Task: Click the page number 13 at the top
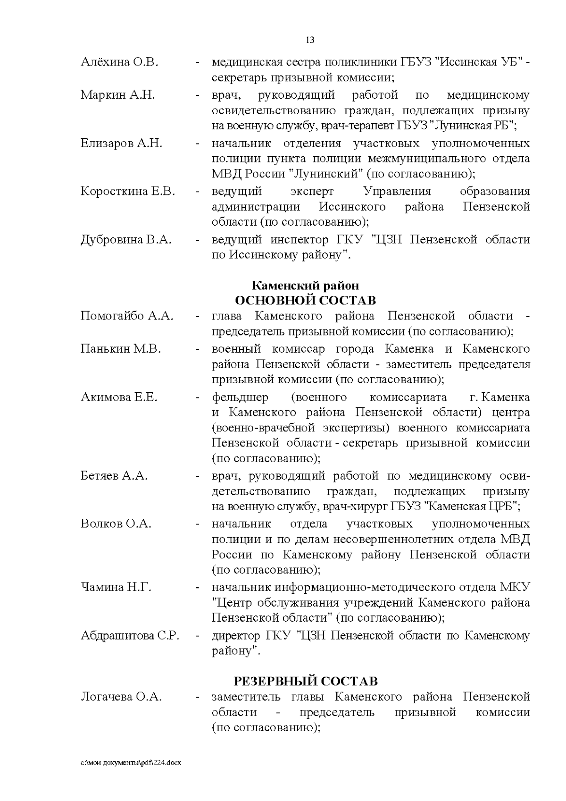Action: click(x=310, y=40)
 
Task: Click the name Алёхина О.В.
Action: click(x=119, y=62)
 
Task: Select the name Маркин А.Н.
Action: click(x=117, y=95)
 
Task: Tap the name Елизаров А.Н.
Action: click(x=121, y=143)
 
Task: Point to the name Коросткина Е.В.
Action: click(x=128, y=191)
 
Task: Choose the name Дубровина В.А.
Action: click(x=126, y=239)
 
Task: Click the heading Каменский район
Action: click(x=305, y=286)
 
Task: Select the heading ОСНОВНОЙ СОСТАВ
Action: click(x=305, y=301)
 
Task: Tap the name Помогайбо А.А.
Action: click(x=127, y=316)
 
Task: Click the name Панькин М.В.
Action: click(x=121, y=349)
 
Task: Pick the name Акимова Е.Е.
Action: click(x=119, y=397)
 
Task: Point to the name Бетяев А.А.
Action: click(x=114, y=476)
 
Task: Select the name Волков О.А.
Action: click(x=116, y=524)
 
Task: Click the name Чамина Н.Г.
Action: click(x=116, y=587)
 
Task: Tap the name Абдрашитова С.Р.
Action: click(x=130, y=635)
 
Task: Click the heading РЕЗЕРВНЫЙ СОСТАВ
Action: click(x=306, y=681)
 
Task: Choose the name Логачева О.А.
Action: click(x=121, y=697)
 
